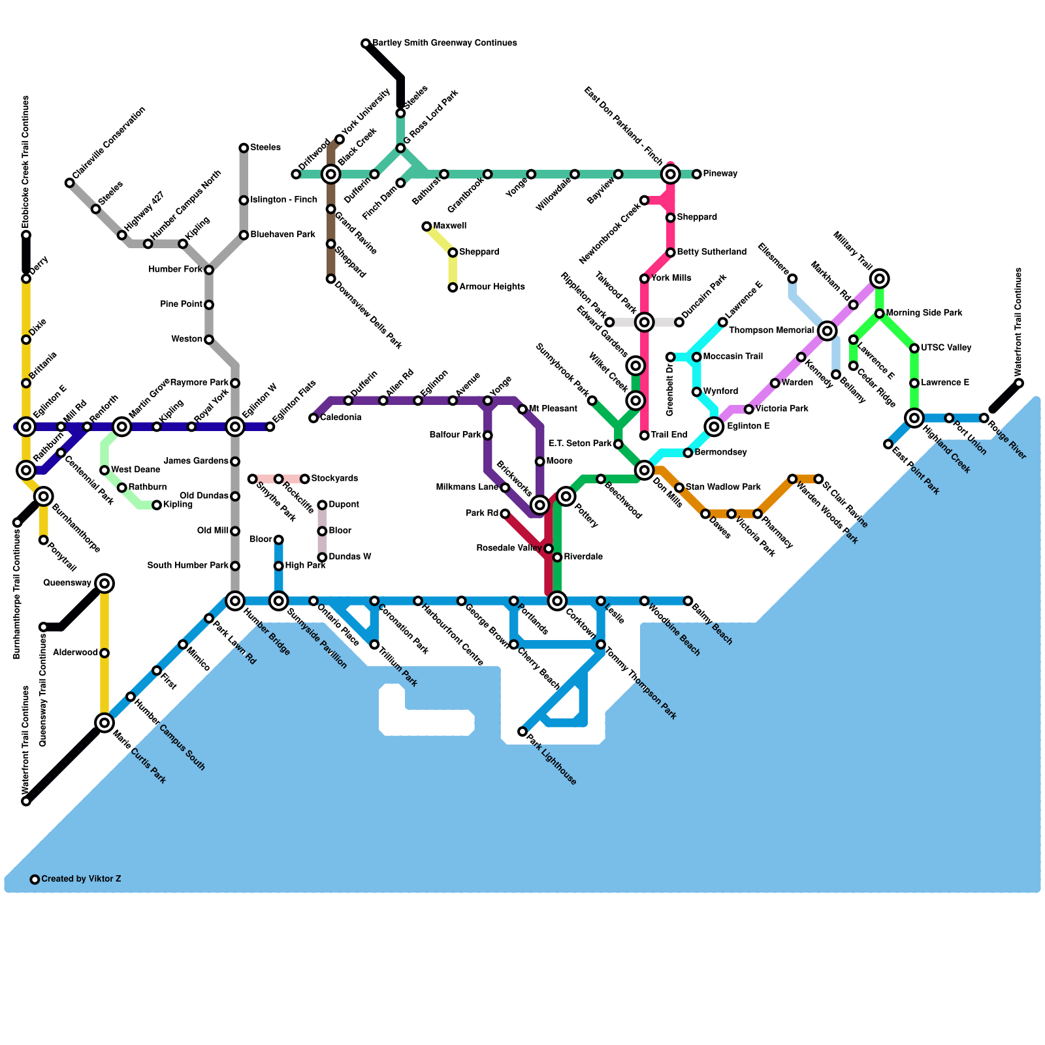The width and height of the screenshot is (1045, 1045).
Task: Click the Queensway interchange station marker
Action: pos(104,583)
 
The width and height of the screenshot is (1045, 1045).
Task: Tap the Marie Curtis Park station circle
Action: pos(104,722)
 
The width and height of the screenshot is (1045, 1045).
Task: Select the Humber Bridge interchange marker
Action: pos(235,601)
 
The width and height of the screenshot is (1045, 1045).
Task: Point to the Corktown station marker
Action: pos(557,601)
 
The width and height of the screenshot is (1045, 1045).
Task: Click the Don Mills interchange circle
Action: pos(645,470)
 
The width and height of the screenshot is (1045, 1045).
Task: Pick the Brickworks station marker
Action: pos(540,505)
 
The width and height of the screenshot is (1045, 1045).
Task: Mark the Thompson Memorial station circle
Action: pos(828,330)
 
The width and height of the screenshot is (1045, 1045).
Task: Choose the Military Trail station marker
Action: pos(880,279)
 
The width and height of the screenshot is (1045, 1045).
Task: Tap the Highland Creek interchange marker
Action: pos(914,418)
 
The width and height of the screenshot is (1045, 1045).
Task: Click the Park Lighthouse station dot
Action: pos(522,731)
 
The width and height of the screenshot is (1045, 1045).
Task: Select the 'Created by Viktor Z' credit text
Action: pos(81,879)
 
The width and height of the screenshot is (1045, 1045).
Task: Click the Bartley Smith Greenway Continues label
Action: pos(445,43)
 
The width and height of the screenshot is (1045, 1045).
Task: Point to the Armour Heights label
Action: pos(492,287)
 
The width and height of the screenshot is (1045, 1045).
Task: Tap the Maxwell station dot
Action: pos(426,227)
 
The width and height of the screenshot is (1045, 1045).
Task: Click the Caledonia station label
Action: pos(340,418)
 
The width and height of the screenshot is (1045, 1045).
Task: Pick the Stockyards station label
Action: pos(334,479)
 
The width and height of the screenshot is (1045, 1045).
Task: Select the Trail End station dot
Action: pos(645,436)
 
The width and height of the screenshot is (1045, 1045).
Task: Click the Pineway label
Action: pos(720,174)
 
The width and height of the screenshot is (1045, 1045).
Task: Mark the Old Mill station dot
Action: pos(235,531)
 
